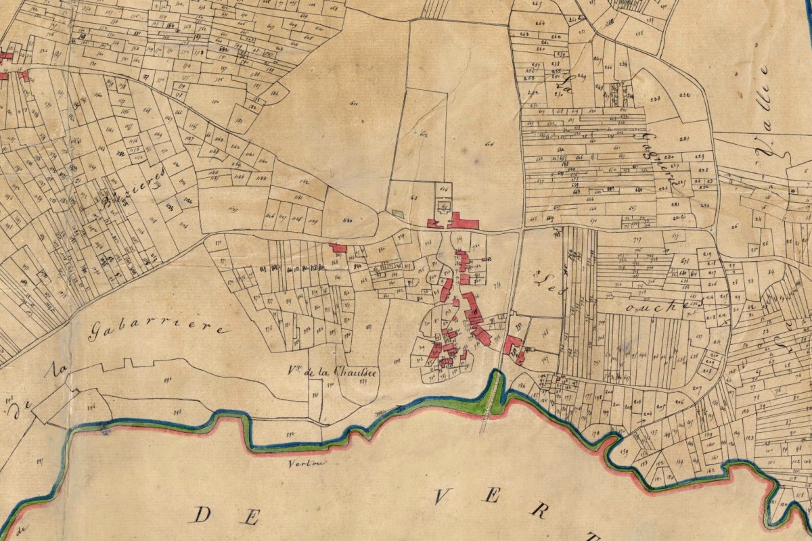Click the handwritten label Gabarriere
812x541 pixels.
(156, 329)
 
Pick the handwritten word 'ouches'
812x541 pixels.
(660, 306)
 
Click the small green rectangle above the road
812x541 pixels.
(398, 214)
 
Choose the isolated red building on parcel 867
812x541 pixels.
(338, 248)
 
